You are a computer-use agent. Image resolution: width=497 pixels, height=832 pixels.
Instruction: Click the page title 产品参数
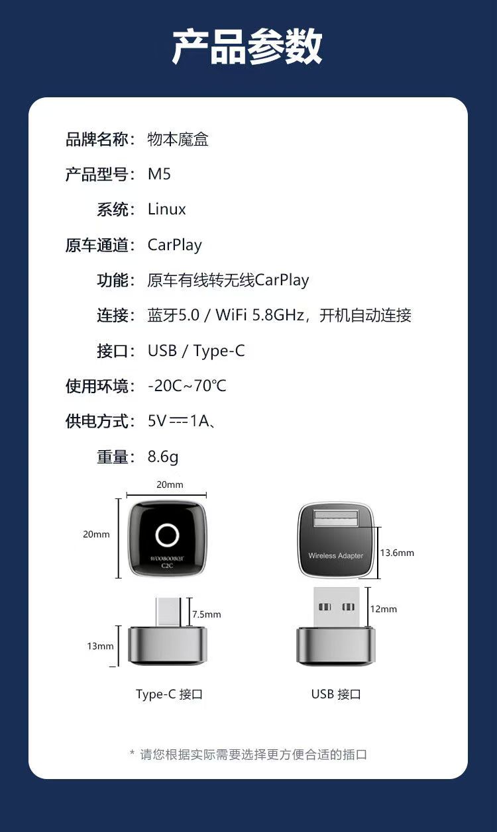[x=247, y=47]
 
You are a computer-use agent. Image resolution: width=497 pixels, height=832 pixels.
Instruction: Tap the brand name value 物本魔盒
[x=178, y=139]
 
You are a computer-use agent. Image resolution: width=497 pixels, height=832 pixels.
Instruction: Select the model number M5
[x=159, y=174]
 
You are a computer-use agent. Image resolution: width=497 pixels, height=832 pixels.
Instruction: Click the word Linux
[x=166, y=209]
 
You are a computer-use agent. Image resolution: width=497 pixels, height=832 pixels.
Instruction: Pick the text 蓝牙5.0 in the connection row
[x=174, y=315]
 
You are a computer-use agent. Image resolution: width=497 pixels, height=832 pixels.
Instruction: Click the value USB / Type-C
[x=196, y=351]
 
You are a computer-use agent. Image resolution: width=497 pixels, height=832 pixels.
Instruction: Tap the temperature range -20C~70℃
[x=187, y=386]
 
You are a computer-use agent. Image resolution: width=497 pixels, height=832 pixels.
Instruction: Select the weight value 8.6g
[x=163, y=457]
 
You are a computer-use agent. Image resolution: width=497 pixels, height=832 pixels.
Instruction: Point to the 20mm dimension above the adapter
[x=170, y=485]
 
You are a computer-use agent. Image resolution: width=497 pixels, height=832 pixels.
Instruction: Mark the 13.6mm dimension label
[x=397, y=553]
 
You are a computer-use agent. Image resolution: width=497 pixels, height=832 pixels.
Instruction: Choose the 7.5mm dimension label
[x=207, y=614]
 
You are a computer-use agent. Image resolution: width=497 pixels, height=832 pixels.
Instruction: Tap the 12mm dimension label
[x=384, y=609]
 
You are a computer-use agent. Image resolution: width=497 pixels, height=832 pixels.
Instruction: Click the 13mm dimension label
[x=100, y=646]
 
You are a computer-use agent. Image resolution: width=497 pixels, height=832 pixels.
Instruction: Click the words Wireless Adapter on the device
[x=336, y=555]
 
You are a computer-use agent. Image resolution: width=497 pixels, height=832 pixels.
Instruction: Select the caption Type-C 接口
[x=169, y=694]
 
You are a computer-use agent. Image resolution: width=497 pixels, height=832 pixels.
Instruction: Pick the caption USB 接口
[x=336, y=694]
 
